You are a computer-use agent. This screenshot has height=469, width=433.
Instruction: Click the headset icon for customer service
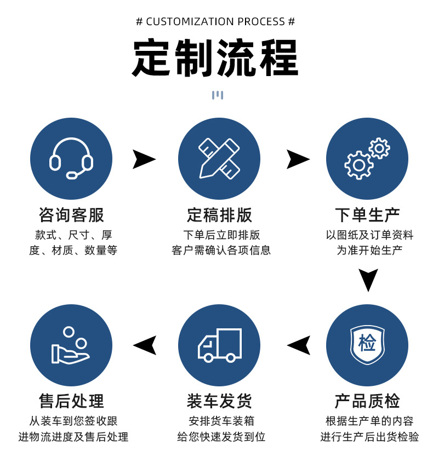(x=71, y=159)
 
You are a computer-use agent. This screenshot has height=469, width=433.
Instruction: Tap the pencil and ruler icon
(x=219, y=158)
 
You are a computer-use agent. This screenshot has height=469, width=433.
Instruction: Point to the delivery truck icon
(x=219, y=345)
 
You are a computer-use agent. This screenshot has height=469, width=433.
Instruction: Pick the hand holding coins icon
(x=71, y=345)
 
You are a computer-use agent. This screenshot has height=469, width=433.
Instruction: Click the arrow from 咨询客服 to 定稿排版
(x=144, y=159)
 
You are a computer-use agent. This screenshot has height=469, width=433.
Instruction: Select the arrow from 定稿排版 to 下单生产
(x=298, y=159)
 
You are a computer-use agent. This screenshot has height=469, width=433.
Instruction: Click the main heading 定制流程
(x=215, y=59)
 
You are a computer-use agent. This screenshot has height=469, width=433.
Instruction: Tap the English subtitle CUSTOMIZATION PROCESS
(x=215, y=22)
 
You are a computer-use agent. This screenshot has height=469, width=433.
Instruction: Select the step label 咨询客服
(x=71, y=215)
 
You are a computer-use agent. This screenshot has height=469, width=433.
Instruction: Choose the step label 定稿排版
(x=219, y=215)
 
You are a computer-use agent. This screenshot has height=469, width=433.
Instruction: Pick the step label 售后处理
(x=71, y=401)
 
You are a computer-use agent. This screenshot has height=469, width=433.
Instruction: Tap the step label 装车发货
(x=219, y=401)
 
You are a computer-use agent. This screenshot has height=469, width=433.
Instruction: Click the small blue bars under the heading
(x=218, y=95)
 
